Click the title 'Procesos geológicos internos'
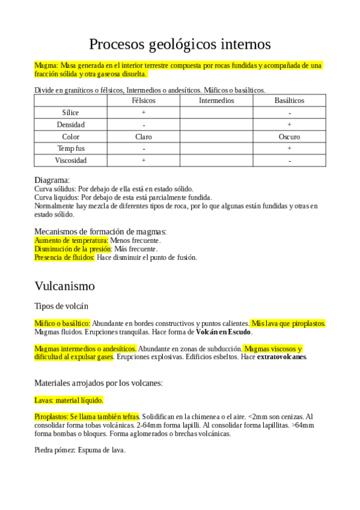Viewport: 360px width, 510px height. [180, 44]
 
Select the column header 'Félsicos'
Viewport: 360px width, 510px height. [143, 100]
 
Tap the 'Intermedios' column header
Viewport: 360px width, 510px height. [216, 100]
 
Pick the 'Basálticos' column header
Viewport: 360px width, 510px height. [289, 100]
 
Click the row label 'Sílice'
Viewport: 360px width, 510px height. [70, 112]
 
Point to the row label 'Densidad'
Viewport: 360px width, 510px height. [70, 124]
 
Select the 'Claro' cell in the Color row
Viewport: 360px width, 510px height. [143, 137]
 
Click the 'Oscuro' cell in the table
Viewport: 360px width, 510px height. [289, 137]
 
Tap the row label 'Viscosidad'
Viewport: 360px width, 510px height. [70, 161]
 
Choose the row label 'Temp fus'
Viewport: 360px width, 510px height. [70, 149]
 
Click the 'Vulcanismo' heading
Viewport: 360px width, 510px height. [64, 285]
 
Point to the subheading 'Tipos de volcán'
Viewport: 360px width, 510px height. [61, 306]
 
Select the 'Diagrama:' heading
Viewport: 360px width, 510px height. [52, 180]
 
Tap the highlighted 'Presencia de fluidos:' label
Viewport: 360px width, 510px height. [64, 257]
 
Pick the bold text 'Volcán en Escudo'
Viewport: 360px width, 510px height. [224, 332]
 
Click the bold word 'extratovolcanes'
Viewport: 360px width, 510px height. [282, 357]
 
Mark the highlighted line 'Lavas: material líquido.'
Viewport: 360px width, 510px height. [69, 399]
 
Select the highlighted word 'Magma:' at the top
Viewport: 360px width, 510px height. [46, 65]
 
